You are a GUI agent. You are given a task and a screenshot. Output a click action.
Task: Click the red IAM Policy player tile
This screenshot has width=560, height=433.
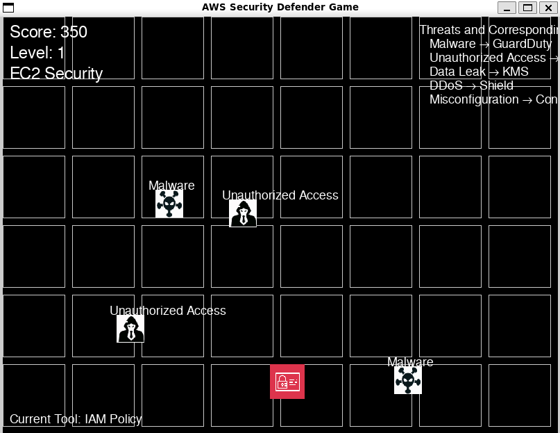[287, 382]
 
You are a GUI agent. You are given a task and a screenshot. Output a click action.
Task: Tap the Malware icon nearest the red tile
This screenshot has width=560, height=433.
[408, 379]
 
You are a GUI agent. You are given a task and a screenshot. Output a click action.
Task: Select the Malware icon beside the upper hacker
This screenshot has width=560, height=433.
[169, 204]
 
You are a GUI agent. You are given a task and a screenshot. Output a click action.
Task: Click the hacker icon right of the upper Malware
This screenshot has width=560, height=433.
[243, 213]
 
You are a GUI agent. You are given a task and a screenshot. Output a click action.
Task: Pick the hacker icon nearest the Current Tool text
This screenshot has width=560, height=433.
[130, 329]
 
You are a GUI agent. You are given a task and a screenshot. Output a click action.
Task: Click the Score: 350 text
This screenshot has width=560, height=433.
[49, 32]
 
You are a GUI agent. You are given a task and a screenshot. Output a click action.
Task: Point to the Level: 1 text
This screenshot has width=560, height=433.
[37, 53]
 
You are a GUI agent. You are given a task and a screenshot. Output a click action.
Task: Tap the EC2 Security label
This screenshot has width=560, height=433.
[56, 74]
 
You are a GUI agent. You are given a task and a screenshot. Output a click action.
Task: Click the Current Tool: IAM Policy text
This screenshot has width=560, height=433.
[76, 419]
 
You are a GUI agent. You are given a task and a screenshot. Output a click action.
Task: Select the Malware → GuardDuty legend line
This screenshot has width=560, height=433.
[491, 44]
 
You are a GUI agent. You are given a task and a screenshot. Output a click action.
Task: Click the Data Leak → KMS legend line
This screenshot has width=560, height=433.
[479, 72]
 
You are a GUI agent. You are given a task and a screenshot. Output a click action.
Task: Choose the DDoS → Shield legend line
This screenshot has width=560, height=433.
[471, 85]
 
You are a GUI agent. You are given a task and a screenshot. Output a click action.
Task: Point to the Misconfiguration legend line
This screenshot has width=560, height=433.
[493, 99]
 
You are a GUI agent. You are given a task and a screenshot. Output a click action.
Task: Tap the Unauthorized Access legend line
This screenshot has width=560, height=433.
[493, 58]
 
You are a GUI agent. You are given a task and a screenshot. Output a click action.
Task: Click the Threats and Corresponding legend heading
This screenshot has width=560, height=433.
[489, 30]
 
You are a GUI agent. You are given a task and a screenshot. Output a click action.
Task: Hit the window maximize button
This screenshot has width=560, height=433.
[527, 8]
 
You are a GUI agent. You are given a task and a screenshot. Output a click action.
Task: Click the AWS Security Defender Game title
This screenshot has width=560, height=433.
[280, 7]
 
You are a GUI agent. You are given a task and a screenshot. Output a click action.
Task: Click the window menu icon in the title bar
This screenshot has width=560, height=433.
[9, 8]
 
